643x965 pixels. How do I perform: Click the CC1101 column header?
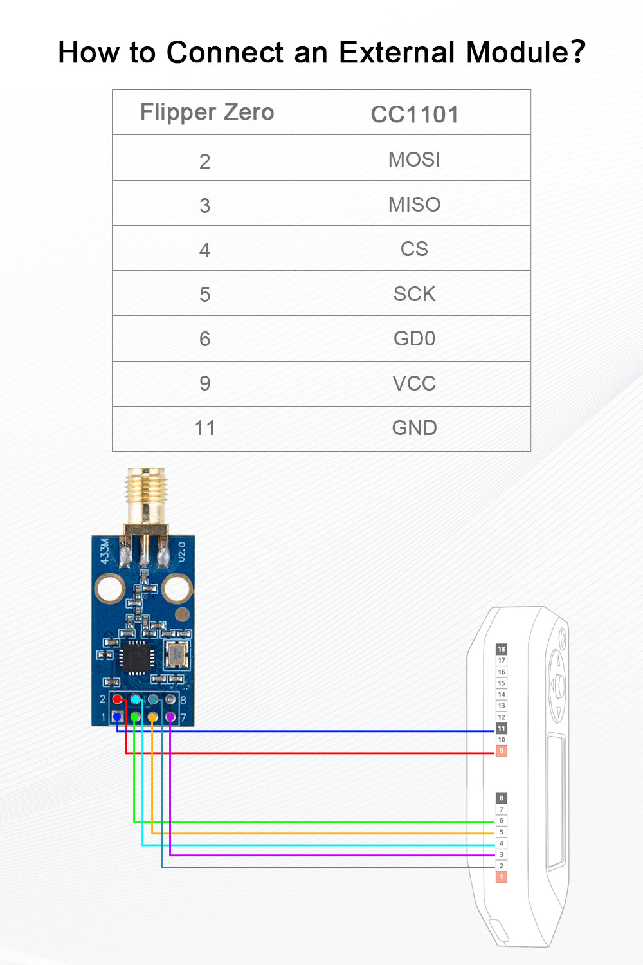pos(414,115)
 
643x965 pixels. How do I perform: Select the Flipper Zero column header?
pos(207,113)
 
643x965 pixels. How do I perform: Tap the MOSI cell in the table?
pos(414,160)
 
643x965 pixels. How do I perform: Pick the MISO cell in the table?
pos(414,205)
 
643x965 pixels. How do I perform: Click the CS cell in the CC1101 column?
pos(414,249)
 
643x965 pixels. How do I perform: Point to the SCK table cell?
pos(414,294)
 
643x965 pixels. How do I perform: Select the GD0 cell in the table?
pos(414,338)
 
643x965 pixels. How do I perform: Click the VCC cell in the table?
pos(414,383)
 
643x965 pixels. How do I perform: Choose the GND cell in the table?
pos(414,428)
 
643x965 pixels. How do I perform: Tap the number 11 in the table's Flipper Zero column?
pos(204,428)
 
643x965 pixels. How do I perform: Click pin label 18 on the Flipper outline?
pos(502,649)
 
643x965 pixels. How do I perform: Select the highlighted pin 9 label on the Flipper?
pos(502,751)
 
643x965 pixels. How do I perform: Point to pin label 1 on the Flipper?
pos(502,877)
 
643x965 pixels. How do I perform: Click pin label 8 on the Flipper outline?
pos(502,798)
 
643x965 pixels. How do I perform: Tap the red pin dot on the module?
pos(117,699)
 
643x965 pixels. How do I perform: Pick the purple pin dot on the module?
pos(170,717)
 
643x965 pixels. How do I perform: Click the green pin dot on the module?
pos(135,717)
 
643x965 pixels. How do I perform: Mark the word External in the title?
pos(397,53)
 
